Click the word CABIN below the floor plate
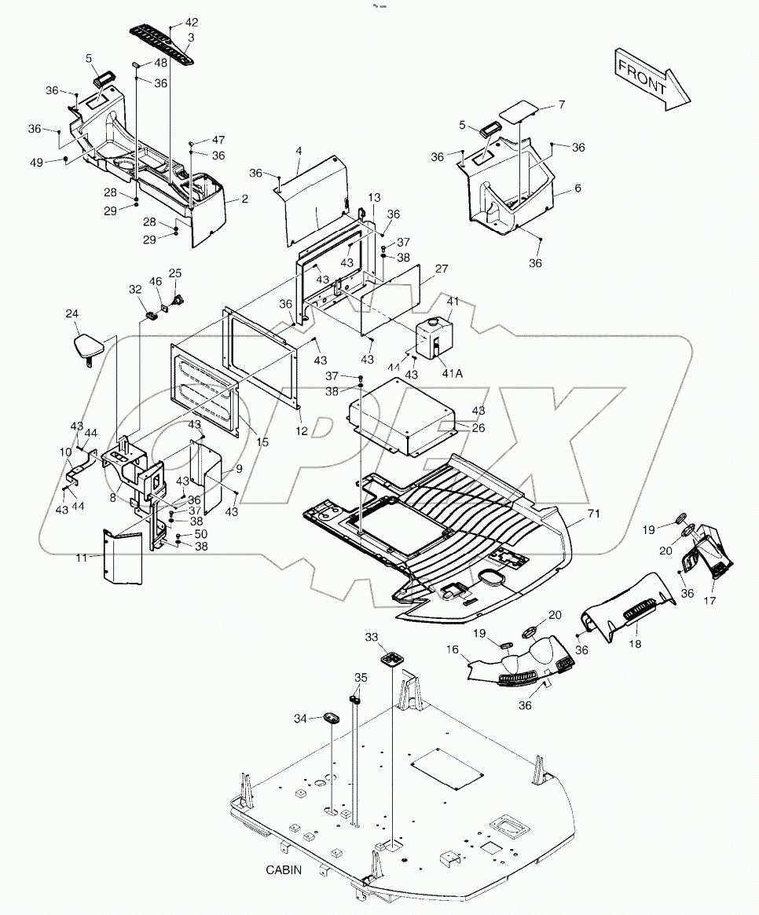(x=284, y=870)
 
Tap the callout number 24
(x=71, y=314)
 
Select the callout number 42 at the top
(x=192, y=22)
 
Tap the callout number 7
(x=561, y=104)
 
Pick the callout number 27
(x=442, y=269)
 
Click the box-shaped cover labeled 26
(x=401, y=416)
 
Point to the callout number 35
(x=360, y=677)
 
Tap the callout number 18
(x=634, y=643)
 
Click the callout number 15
(x=262, y=442)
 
